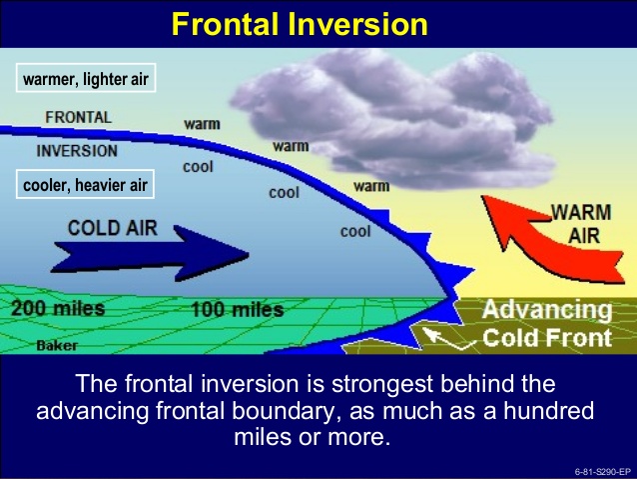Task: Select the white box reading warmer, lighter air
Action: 86,77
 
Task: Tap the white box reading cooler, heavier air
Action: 86,184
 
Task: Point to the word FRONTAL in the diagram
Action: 79,117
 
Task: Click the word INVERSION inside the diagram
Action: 77,152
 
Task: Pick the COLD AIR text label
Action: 112,228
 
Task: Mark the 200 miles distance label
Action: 57,309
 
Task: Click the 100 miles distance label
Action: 237,310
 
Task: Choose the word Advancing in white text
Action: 547,310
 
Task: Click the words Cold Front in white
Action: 546,338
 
